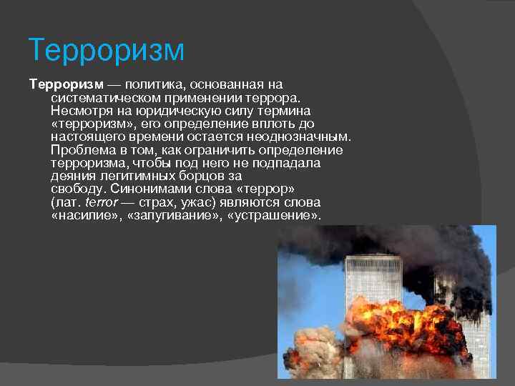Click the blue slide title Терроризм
tap(107, 51)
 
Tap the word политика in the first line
tap(142, 85)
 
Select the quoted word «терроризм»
tap(85, 124)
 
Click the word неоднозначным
tap(298, 137)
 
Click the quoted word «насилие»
tap(81, 215)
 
